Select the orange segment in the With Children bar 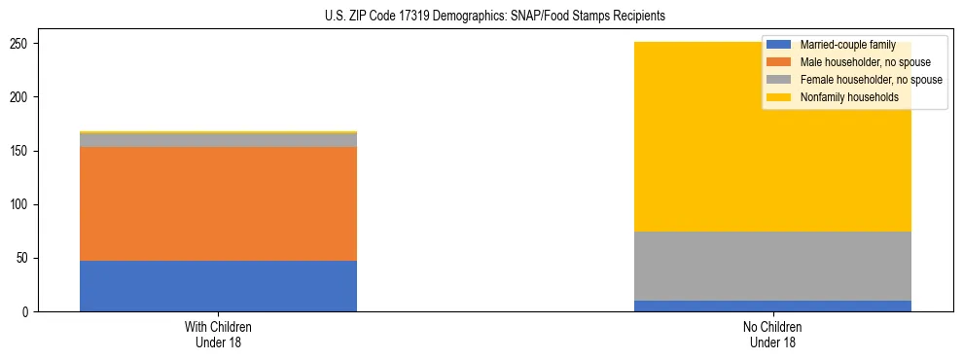tap(218, 203)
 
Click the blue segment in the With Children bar tap(218, 286)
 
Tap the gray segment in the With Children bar tap(218, 140)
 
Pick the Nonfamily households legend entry tap(849, 97)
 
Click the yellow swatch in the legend tap(779, 97)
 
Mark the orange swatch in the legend tap(779, 62)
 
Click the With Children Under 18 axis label tap(218, 335)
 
